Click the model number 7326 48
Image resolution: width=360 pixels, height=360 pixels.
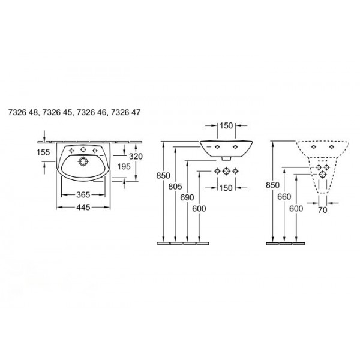tap(23, 113)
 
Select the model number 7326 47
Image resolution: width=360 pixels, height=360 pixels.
tap(125, 113)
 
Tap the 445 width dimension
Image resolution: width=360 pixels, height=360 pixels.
tap(83, 208)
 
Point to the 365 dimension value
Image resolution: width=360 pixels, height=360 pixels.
tap(83, 194)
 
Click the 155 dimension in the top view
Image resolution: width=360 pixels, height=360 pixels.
tap(43, 152)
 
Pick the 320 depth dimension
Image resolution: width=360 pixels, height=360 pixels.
tap(136, 157)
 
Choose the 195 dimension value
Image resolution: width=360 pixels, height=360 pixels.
tap(124, 166)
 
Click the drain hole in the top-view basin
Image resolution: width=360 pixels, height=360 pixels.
tap(83, 161)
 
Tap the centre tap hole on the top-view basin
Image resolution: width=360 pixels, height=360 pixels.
tap(83, 149)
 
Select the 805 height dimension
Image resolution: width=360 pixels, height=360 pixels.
tap(175, 187)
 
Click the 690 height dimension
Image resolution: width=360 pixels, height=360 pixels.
tap(187, 197)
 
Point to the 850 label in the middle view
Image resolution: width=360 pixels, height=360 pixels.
tap(163, 176)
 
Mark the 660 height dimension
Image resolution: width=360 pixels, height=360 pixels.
tap(284, 197)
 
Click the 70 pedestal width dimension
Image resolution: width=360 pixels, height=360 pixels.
tap(323, 209)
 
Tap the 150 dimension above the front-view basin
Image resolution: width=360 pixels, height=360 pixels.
tap(226, 125)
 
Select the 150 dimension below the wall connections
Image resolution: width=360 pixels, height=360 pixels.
tap(226, 188)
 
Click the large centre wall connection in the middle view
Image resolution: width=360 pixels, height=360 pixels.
tap(226, 171)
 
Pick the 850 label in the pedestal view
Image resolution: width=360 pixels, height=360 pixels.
tap(272, 185)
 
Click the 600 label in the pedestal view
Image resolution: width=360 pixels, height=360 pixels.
tap(296, 209)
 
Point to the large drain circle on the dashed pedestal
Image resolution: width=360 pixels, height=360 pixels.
tap(323, 175)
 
